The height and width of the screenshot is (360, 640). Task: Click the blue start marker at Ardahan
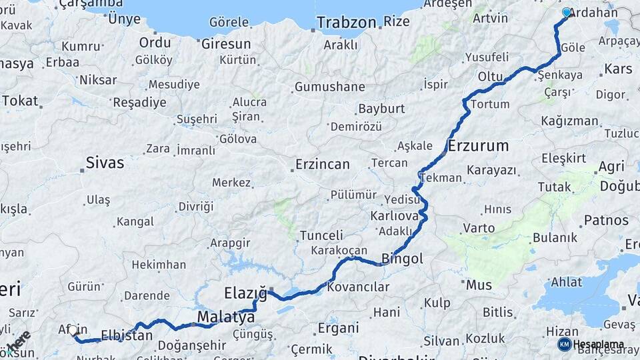(567, 12)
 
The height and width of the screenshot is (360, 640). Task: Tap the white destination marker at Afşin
(73, 329)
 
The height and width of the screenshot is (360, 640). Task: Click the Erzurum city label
(478, 145)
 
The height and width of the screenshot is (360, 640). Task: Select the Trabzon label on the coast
(346, 22)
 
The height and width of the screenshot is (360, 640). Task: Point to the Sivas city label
(105, 162)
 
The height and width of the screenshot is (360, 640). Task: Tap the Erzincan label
(323, 164)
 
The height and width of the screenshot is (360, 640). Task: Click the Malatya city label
(226, 317)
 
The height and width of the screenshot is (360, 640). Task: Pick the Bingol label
(402, 259)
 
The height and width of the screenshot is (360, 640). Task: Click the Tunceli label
(321, 235)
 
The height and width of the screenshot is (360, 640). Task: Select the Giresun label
(226, 44)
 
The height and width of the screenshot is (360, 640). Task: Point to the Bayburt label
(381, 108)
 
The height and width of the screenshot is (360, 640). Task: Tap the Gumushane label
(329, 87)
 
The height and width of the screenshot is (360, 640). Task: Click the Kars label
(617, 69)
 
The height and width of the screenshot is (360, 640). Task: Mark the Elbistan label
(127, 335)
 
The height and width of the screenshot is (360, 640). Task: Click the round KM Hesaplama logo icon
(565, 344)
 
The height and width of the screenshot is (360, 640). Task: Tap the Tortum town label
(490, 105)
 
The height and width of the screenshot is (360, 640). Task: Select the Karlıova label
(395, 216)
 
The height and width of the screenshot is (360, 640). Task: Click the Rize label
(397, 21)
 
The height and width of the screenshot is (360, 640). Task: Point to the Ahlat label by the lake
(566, 282)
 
